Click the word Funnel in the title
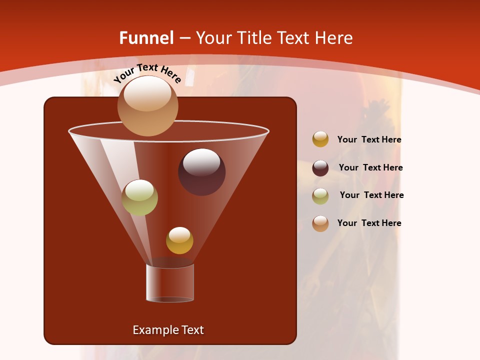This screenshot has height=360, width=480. tap(146, 38)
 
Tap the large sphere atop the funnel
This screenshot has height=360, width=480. tap(147, 105)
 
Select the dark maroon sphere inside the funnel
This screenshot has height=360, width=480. tap(202, 172)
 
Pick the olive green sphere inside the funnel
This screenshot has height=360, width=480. tap(140, 197)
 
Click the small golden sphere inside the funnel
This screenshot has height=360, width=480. tap(179, 240)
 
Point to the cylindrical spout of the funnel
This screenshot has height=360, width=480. tap(170, 282)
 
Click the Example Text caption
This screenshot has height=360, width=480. tap(168, 330)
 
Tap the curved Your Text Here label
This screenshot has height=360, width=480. tap(147, 73)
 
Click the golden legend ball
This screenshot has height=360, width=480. tap(320, 139)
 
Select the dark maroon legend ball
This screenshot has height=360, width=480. tap(320, 168)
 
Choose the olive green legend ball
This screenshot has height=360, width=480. tap(320, 196)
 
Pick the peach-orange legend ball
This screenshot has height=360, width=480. tap(320, 223)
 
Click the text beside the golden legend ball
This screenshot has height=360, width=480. tap(369, 140)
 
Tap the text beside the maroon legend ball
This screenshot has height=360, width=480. tap(370, 168)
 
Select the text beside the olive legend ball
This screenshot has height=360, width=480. tap(371, 195)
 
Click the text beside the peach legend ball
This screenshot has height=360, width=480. tap(369, 223)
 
